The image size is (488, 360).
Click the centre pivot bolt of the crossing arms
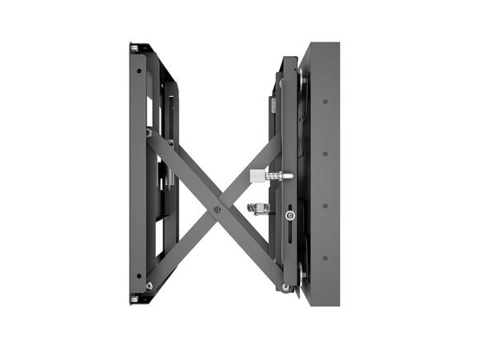[217, 210]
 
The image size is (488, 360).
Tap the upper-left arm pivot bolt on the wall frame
[149, 133]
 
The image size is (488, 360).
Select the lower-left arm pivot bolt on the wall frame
[149, 285]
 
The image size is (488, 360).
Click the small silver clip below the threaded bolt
[258, 209]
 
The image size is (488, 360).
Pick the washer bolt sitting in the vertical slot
[290, 215]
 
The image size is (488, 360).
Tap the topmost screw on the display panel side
[325, 102]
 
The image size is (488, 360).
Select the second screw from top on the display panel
[325, 154]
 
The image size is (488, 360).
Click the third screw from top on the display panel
[325, 206]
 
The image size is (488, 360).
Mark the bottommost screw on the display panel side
[325, 258]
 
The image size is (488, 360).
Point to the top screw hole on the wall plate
[138, 70]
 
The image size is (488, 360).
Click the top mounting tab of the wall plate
[134, 48]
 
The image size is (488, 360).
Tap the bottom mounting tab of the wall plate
[134, 299]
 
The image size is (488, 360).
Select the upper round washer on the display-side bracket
[302, 78]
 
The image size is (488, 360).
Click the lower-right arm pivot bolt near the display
[286, 286]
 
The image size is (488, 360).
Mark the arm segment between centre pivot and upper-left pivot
[182, 171]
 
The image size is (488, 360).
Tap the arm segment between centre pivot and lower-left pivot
[182, 247]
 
